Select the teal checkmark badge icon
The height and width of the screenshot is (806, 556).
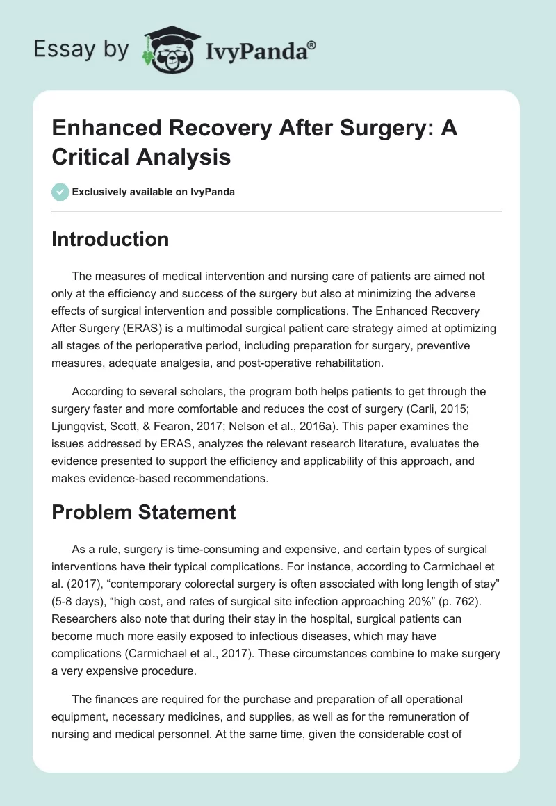pos(60,192)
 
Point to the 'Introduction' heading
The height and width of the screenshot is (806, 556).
pos(111,239)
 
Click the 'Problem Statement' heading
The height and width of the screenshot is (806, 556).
pos(144,512)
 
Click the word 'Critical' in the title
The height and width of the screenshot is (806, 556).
pos(92,157)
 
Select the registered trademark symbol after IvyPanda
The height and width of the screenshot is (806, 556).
pos(312,44)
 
